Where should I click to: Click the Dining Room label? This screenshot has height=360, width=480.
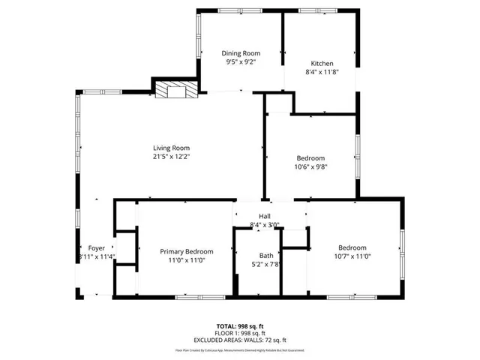pyautogui.click(x=241, y=53)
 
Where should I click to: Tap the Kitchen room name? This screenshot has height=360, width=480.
pyautogui.click(x=322, y=64)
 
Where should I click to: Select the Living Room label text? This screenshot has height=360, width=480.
pyautogui.click(x=171, y=148)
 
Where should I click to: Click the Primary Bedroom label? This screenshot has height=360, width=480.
pyautogui.click(x=187, y=251)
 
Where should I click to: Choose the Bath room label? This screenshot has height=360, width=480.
pyautogui.click(x=266, y=255)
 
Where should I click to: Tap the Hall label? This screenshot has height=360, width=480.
pyautogui.click(x=264, y=216)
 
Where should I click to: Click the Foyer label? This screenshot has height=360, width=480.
pyautogui.click(x=97, y=248)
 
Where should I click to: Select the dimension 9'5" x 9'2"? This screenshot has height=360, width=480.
pyautogui.click(x=241, y=63)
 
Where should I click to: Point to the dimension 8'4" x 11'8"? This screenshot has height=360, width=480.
pyautogui.click(x=322, y=73)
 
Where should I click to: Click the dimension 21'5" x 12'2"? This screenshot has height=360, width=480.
pyautogui.click(x=171, y=157)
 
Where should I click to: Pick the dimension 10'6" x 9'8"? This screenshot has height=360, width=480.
pyautogui.click(x=310, y=167)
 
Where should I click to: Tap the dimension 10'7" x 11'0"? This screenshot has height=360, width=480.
pyautogui.click(x=352, y=257)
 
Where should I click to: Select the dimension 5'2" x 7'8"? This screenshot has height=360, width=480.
pyautogui.click(x=266, y=265)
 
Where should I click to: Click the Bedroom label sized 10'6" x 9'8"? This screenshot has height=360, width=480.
pyautogui.click(x=310, y=158)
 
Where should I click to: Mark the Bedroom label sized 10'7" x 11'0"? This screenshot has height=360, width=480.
pyautogui.click(x=352, y=247)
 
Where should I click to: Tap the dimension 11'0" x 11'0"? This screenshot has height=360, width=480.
pyautogui.click(x=187, y=261)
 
